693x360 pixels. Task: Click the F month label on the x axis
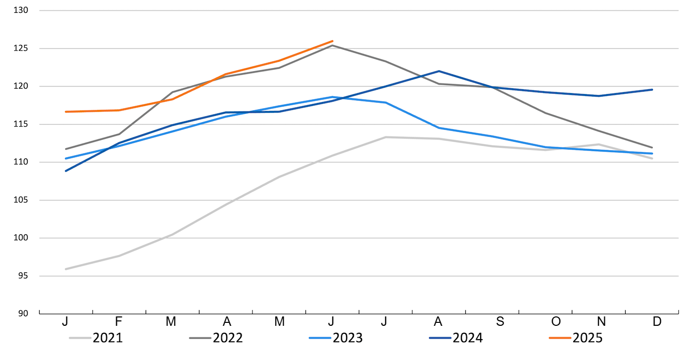118,321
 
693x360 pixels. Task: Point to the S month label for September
500,321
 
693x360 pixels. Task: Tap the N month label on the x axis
603,321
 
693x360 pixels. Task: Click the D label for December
656,321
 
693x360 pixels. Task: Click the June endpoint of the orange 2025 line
332,41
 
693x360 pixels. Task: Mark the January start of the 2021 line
66,269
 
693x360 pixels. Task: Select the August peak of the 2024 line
439,71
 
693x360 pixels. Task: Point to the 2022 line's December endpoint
652,148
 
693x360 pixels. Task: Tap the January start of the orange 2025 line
66,112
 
